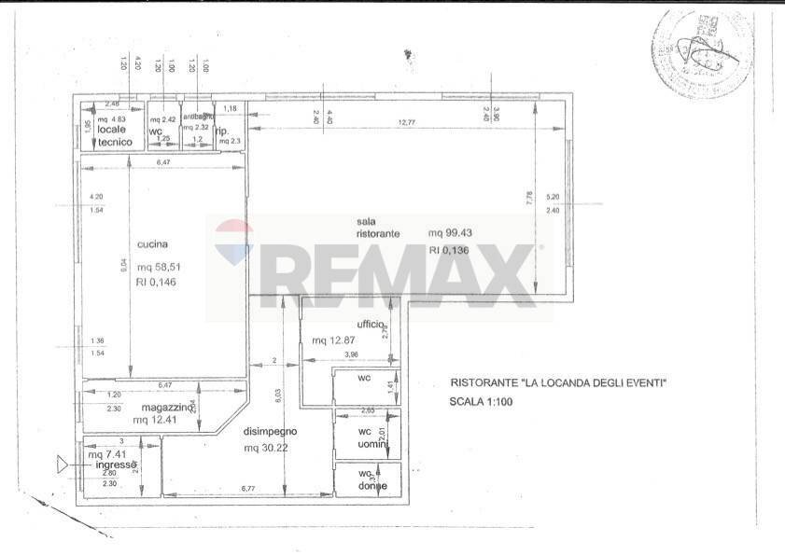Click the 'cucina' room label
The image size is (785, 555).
pyautogui.click(x=152, y=244)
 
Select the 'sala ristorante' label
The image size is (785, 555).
pyautogui.click(x=377, y=227)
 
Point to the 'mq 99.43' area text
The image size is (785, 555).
pyautogui.click(x=450, y=232)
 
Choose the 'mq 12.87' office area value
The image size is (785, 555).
pyautogui.click(x=333, y=340)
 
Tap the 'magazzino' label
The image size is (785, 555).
pyautogui.click(x=168, y=408)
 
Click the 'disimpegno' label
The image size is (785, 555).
pyautogui.click(x=271, y=432)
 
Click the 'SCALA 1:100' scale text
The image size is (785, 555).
pyautogui.click(x=481, y=402)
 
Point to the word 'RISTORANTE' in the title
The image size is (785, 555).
pyautogui.click(x=484, y=382)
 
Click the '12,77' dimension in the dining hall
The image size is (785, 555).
pyautogui.click(x=405, y=121)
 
